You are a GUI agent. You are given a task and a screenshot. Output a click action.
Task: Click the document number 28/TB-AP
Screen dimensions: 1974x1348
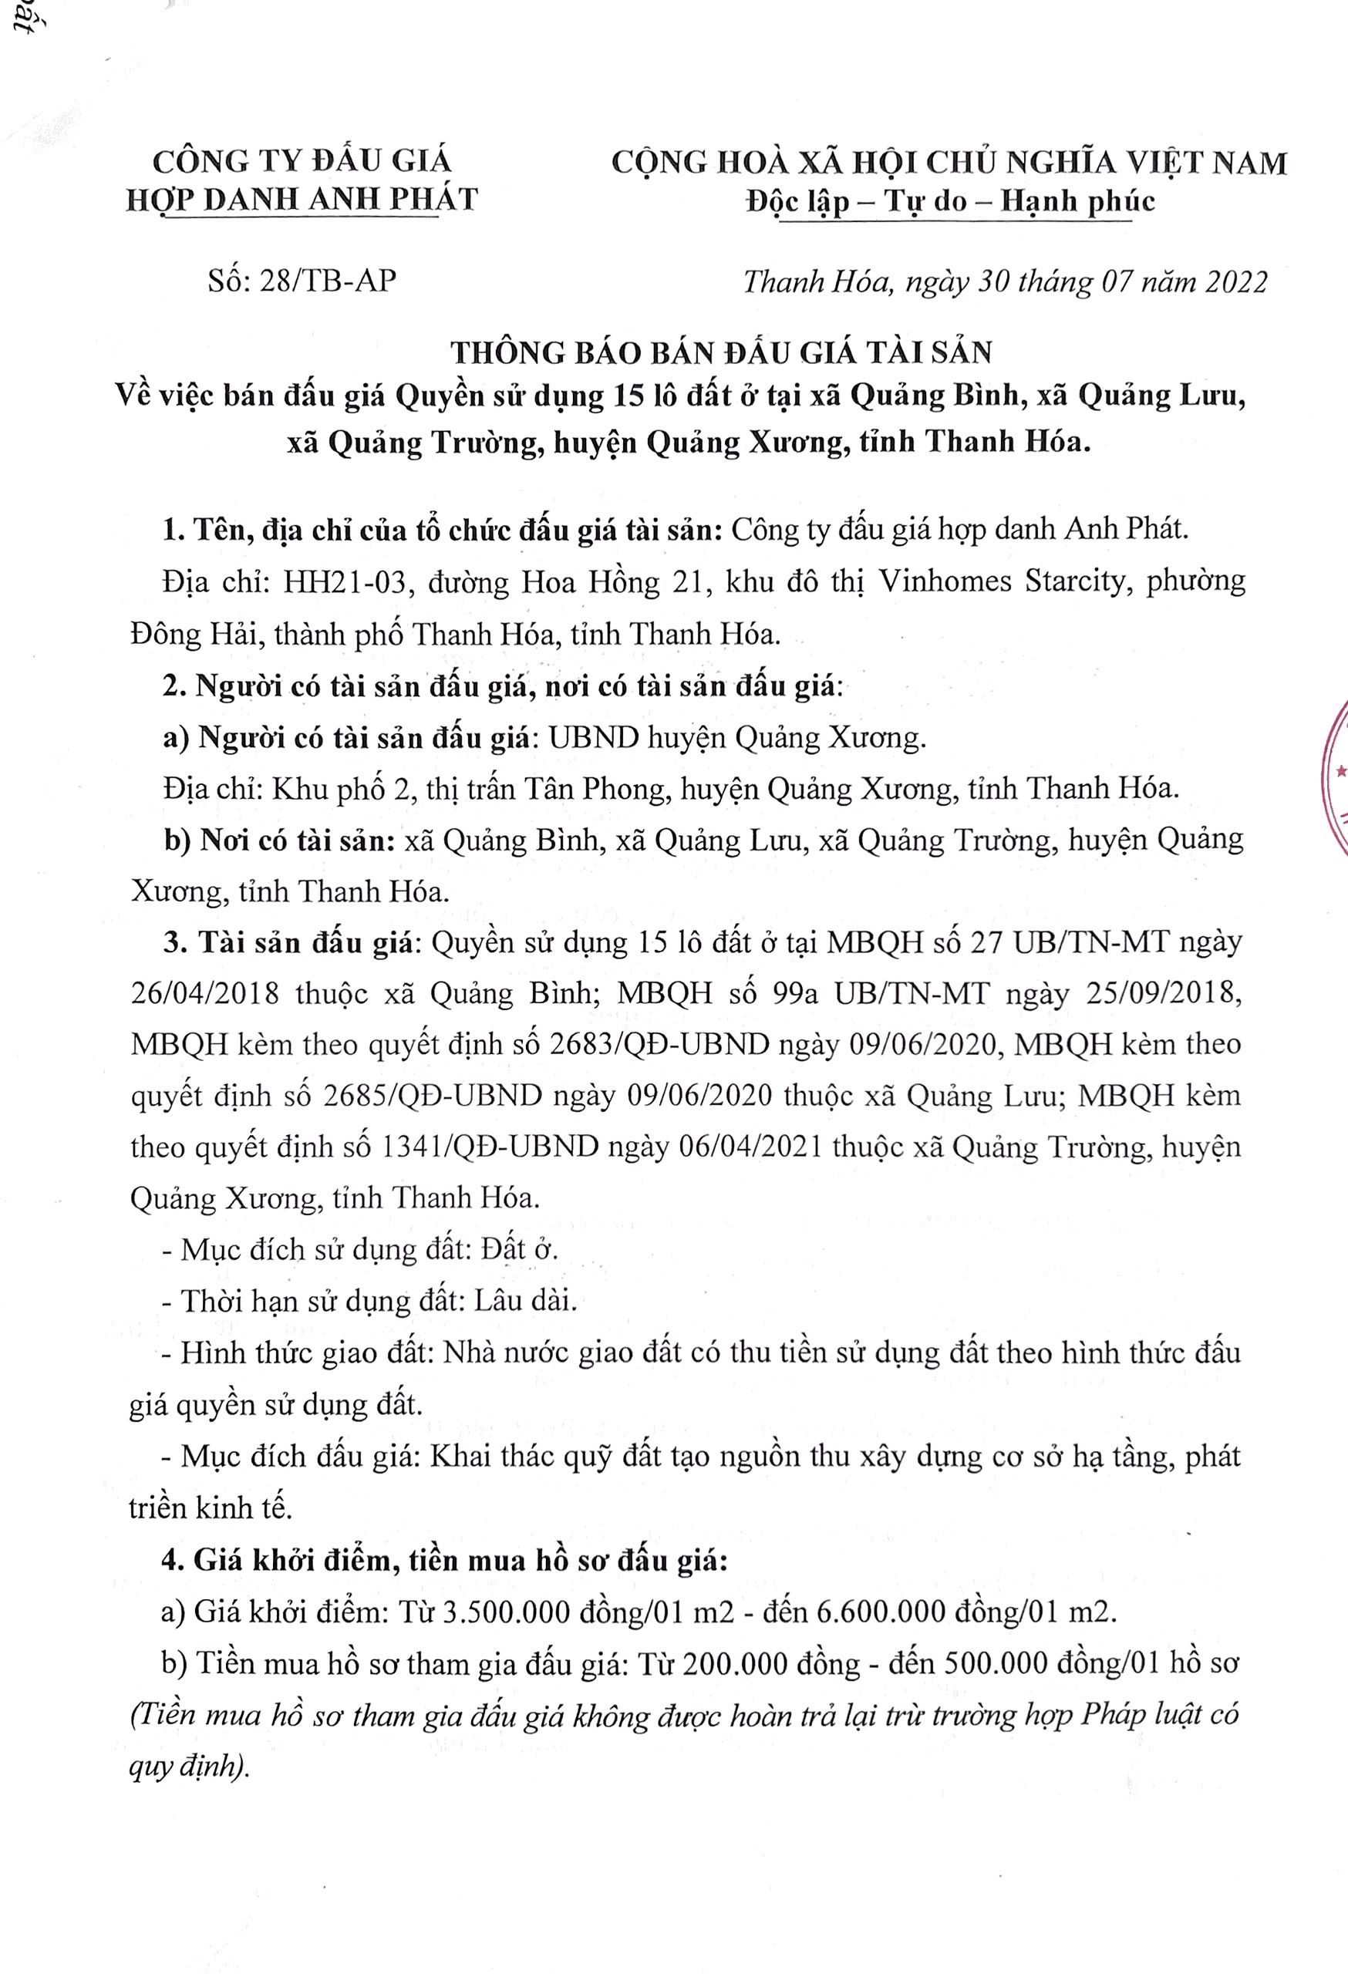click(x=328, y=281)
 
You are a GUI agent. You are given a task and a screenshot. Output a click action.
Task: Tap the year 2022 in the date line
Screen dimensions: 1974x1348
click(x=1231, y=282)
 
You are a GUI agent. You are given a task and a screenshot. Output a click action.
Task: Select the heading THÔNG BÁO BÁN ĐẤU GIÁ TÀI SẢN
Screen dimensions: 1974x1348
click(x=721, y=352)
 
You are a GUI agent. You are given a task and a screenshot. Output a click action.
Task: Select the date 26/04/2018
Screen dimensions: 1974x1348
click(x=204, y=993)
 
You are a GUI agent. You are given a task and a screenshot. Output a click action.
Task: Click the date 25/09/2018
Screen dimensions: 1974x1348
click(x=1164, y=993)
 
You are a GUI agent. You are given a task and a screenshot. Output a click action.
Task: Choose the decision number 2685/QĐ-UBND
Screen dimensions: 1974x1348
click(x=433, y=1096)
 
